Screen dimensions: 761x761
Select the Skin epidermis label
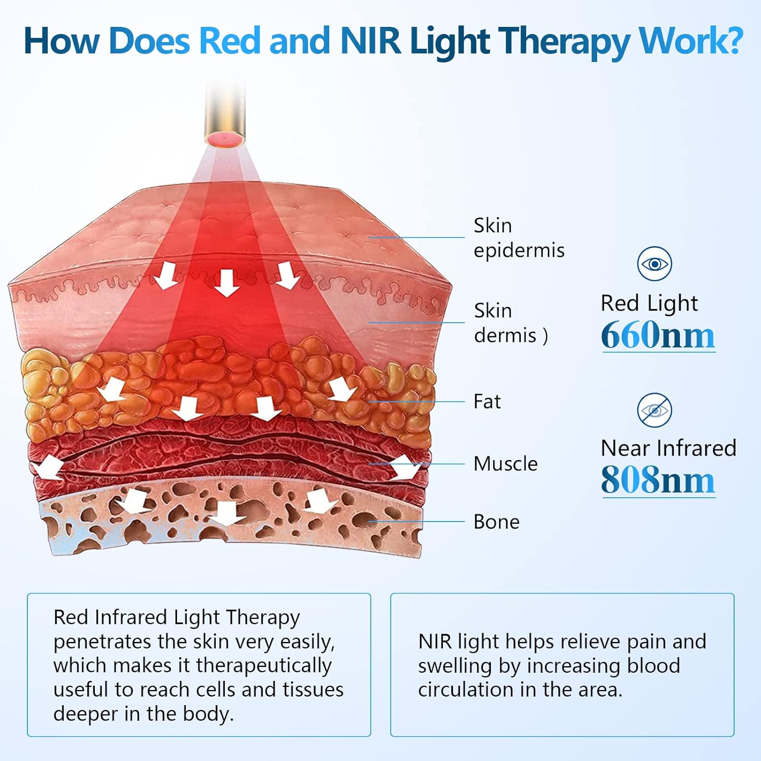[518, 237]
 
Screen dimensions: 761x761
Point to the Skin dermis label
[510, 323]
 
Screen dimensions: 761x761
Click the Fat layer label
[487, 401]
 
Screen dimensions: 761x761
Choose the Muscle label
[505, 464]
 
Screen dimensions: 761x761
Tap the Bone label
[496, 522]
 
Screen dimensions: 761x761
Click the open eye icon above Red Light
[654, 264]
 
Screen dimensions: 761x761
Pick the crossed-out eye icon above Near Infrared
[654, 410]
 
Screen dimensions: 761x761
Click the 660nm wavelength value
[658, 335]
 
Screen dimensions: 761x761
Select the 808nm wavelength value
[658, 480]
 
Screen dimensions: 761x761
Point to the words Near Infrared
[668, 448]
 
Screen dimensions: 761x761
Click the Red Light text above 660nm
[649, 303]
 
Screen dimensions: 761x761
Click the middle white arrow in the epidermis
[226, 283]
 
